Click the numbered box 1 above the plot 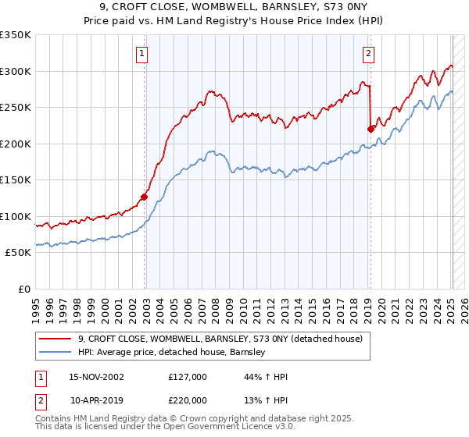pyautogui.click(x=142, y=54)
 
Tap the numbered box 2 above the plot pyautogui.click(x=367, y=54)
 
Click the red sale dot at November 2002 pyautogui.click(x=145, y=197)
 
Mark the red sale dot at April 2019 pyautogui.click(x=371, y=130)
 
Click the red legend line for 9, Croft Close pyautogui.click(x=55, y=339)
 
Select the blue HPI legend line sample pyautogui.click(x=55, y=353)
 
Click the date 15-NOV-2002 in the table pyautogui.click(x=96, y=377)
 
